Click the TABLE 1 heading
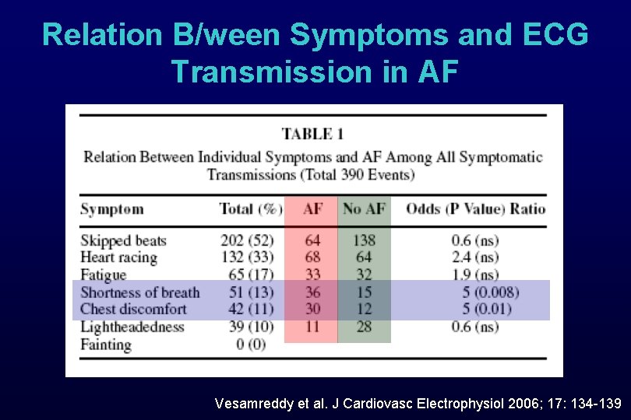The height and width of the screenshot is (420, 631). click(318, 135)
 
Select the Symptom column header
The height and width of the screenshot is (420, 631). click(112, 209)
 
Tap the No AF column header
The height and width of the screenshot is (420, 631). click(364, 209)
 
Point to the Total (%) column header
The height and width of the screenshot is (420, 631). click(250, 209)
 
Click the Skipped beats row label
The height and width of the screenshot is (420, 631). click(123, 240)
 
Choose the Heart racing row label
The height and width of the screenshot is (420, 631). click(118, 257)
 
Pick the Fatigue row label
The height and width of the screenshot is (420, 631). click(103, 275)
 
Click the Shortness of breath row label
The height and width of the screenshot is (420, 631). click(140, 292)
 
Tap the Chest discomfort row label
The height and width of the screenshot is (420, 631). click(133, 309)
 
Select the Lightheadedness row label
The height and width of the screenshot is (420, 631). click(132, 326)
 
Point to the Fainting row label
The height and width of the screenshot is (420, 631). click(106, 344)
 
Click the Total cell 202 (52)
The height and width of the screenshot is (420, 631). click(249, 240)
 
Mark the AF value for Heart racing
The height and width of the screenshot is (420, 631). click(312, 257)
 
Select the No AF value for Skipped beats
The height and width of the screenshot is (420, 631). click(364, 240)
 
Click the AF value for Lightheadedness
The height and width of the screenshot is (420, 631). click(312, 326)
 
